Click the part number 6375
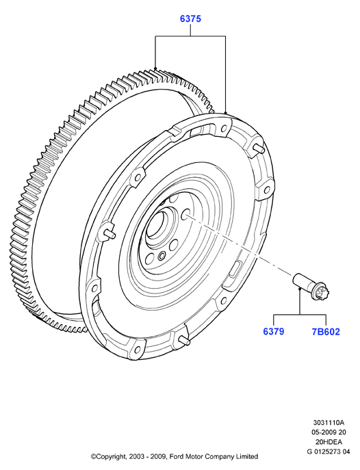coord(190,18)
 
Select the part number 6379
coord(273,332)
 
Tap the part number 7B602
coord(326,332)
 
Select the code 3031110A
coord(329,423)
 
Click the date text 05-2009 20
coord(329,432)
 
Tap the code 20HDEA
coord(329,442)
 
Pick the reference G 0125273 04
coord(329,452)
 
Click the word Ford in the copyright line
coord(176,456)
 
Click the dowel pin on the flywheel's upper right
coord(259,148)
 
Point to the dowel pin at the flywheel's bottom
coord(184,340)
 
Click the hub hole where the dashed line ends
coord(186,213)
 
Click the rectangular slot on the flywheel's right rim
coord(235,267)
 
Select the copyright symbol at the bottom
coord(94,456)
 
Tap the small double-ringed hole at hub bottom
coord(162,256)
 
